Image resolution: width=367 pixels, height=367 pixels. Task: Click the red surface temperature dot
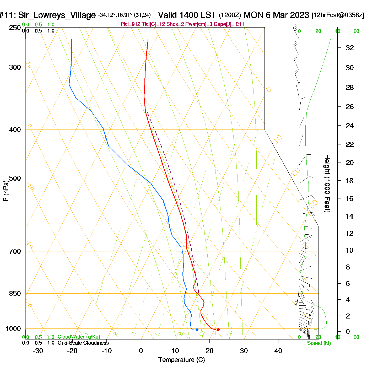tap(218, 330)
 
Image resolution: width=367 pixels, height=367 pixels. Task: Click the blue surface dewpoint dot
tap(197, 330)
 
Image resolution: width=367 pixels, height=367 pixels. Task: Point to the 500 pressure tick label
tap(15, 178)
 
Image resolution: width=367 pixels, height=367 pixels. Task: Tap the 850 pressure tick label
tap(15, 294)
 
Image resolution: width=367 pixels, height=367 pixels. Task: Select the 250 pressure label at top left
tap(15, 28)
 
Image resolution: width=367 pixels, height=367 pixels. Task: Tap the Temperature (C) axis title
tap(181, 360)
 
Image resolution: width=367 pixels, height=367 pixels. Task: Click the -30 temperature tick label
tap(38, 351)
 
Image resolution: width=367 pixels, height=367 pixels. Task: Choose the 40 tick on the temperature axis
tap(278, 351)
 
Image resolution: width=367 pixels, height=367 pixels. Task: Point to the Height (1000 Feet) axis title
tap(327, 183)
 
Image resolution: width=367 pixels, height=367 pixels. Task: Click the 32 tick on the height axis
tap(350, 48)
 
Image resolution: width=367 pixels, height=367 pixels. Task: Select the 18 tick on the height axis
tap(350, 181)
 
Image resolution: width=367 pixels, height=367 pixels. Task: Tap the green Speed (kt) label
tap(319, 343)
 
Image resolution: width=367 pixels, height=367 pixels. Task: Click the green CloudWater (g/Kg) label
tap(79, 337)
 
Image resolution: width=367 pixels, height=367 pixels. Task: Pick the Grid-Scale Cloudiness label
tap(83, 343)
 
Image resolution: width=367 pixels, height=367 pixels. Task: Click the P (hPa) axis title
tap(6, 191)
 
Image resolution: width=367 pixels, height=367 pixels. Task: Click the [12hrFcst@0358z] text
tap(338, 15)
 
